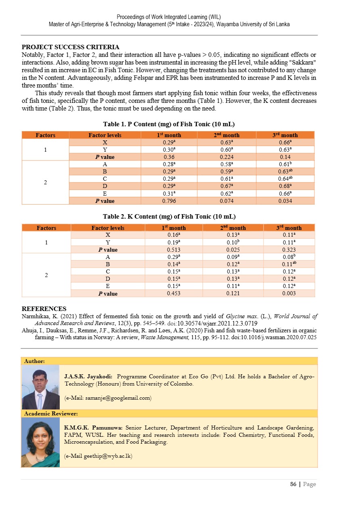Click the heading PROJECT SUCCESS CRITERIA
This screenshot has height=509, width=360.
pos(70,47)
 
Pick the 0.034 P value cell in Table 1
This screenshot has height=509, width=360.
pos(285,201)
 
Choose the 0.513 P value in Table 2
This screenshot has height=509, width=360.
pos(176,250)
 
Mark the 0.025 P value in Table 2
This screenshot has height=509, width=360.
pos(233,250)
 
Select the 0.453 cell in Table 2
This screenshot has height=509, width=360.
pos(176,294)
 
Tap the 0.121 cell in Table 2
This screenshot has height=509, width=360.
pos(233,294)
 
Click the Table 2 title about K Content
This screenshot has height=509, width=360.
pos(169,217)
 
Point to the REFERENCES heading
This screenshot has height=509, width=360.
pos(44,309)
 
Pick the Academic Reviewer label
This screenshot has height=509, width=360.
pos(51,413)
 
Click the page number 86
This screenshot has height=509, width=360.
pos(293,484)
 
